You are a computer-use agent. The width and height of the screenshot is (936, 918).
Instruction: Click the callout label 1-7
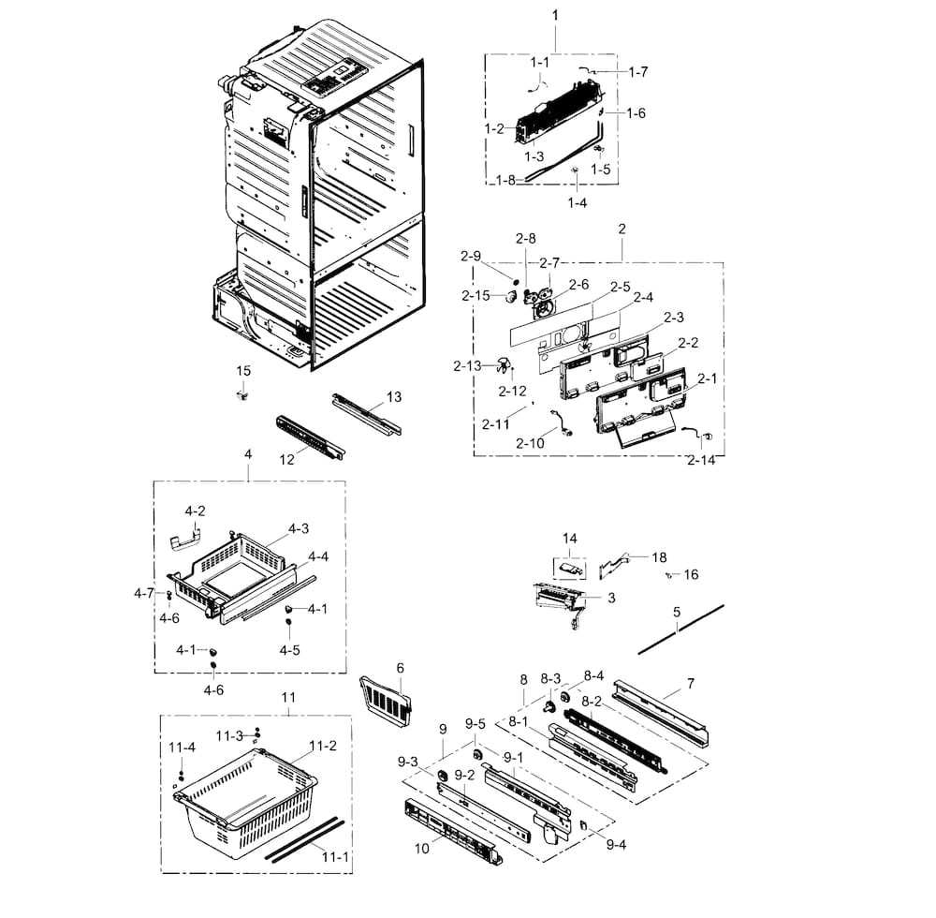(637, 71)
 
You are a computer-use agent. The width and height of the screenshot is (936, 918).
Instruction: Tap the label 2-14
(705, 460)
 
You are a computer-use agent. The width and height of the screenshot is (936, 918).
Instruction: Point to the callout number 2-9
(470, 256)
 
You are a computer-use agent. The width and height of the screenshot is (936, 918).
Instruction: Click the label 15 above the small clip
(243, 371)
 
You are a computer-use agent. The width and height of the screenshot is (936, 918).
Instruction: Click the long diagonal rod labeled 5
(681, 629)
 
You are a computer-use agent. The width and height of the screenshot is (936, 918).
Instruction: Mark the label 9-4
(615, 845)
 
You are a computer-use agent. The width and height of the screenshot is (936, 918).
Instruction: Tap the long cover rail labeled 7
(661, 717)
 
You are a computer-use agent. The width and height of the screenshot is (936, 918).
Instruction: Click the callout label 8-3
(552, 677)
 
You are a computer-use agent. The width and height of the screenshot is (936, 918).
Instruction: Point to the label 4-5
(289, 650)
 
